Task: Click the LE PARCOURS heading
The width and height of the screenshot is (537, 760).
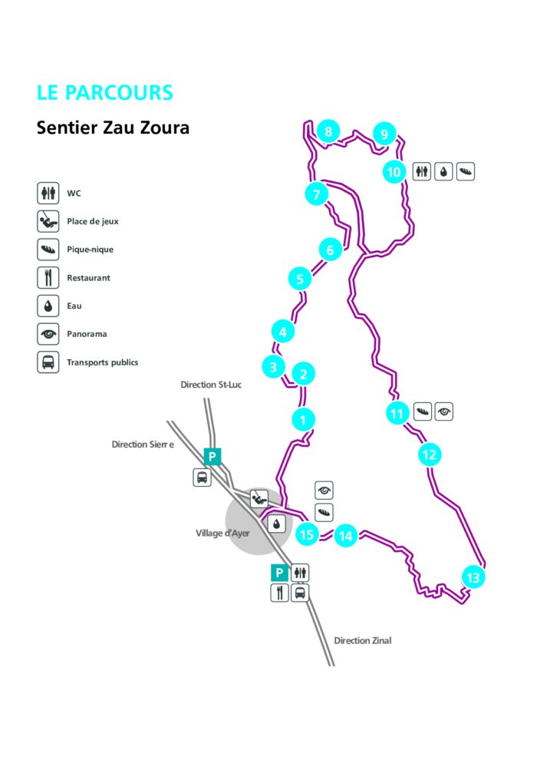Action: pos(105,93)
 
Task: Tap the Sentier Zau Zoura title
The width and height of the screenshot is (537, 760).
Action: pos(113,127)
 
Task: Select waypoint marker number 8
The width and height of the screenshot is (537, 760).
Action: pos(328,132)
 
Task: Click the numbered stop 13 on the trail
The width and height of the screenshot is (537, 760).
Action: pos(473,578)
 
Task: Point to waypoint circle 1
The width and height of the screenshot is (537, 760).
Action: pos(304,420)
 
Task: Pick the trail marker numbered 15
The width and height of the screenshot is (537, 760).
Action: pos(307,534)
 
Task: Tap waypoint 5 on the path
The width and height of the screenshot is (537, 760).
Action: pos(300,279)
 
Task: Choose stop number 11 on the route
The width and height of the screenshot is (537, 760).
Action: pos(397,415)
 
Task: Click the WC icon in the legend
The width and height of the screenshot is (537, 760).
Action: pos(48,193)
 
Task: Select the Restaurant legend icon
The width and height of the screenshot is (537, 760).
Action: pos(48,277)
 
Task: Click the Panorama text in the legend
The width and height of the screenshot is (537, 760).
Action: pos(87,334)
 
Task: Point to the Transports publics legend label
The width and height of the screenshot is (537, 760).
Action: pos(102,362)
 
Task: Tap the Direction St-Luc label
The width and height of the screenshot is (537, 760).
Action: pos(211,384)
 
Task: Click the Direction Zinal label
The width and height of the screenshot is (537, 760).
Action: pos(362,640)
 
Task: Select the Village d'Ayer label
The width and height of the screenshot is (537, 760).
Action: pos(222,533)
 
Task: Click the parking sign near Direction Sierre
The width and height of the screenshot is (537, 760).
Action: pos(212,457)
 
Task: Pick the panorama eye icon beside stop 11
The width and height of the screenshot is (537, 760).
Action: pos(444,412)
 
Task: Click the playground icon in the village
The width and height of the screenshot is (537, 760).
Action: pos(259,498)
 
